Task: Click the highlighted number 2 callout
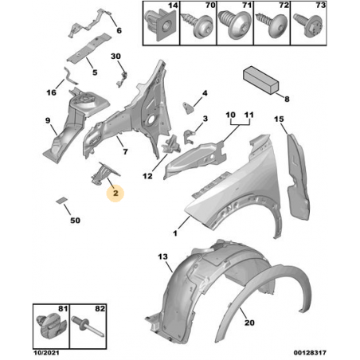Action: pyautogui.click(x=115, y=193)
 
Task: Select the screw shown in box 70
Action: pyautogui.click(x=198, y=25)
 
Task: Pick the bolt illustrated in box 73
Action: pyautogui.click(x=309, y=25)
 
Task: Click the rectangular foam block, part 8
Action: pyautogui.click(x=260, y=80)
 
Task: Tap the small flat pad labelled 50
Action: pyautogui.click(x=61, y=200)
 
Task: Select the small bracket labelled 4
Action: pyautogui.click(x=188, y=108)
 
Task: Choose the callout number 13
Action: pyautogui.click(x=162, y=256)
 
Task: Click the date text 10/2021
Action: pyautogui.click(x=46, y=353)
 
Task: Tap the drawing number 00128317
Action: pyautogui.click(x=310, y=353)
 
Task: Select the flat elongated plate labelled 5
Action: pyautogui.click(x=88, y=48)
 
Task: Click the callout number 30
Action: pyautogui.click(x=115, y=57)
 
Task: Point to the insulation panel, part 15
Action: pyautogui.click(x=298, y=177)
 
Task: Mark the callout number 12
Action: pyautogui.click(x=147, y=176)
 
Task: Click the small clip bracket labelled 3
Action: pyautogui.click(x=190, y=136)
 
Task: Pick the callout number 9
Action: pyautogui.click(x=48, y=120)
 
